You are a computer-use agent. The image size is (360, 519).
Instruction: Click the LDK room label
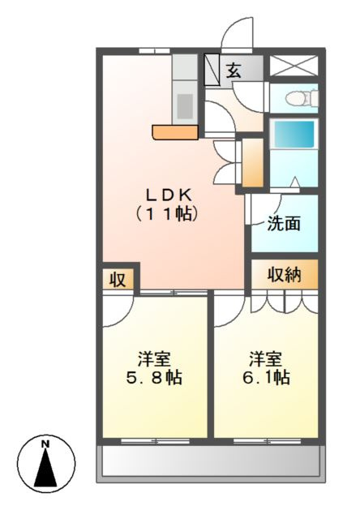(169, 195)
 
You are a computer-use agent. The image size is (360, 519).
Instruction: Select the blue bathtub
(294, 134)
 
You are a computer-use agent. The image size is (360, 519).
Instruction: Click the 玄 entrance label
(234, 71)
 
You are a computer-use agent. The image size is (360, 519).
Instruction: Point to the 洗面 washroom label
(284, 224)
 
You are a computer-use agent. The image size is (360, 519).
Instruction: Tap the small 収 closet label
(118, 280)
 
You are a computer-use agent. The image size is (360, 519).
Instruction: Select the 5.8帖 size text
(154, 377)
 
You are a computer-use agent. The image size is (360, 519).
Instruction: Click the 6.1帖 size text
(267, 377)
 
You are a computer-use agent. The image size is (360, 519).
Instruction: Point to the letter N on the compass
(45, 444)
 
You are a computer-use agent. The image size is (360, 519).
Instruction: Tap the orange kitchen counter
(175, 132)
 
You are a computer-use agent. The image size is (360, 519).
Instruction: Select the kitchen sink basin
(185, 106)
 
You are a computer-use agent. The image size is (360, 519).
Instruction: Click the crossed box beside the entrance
(294, 66)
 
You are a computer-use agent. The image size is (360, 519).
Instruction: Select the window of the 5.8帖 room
(155, 441)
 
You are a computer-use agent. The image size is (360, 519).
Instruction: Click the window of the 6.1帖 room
(268, 441)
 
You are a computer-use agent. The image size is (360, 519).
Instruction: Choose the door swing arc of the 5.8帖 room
(124, 318)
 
